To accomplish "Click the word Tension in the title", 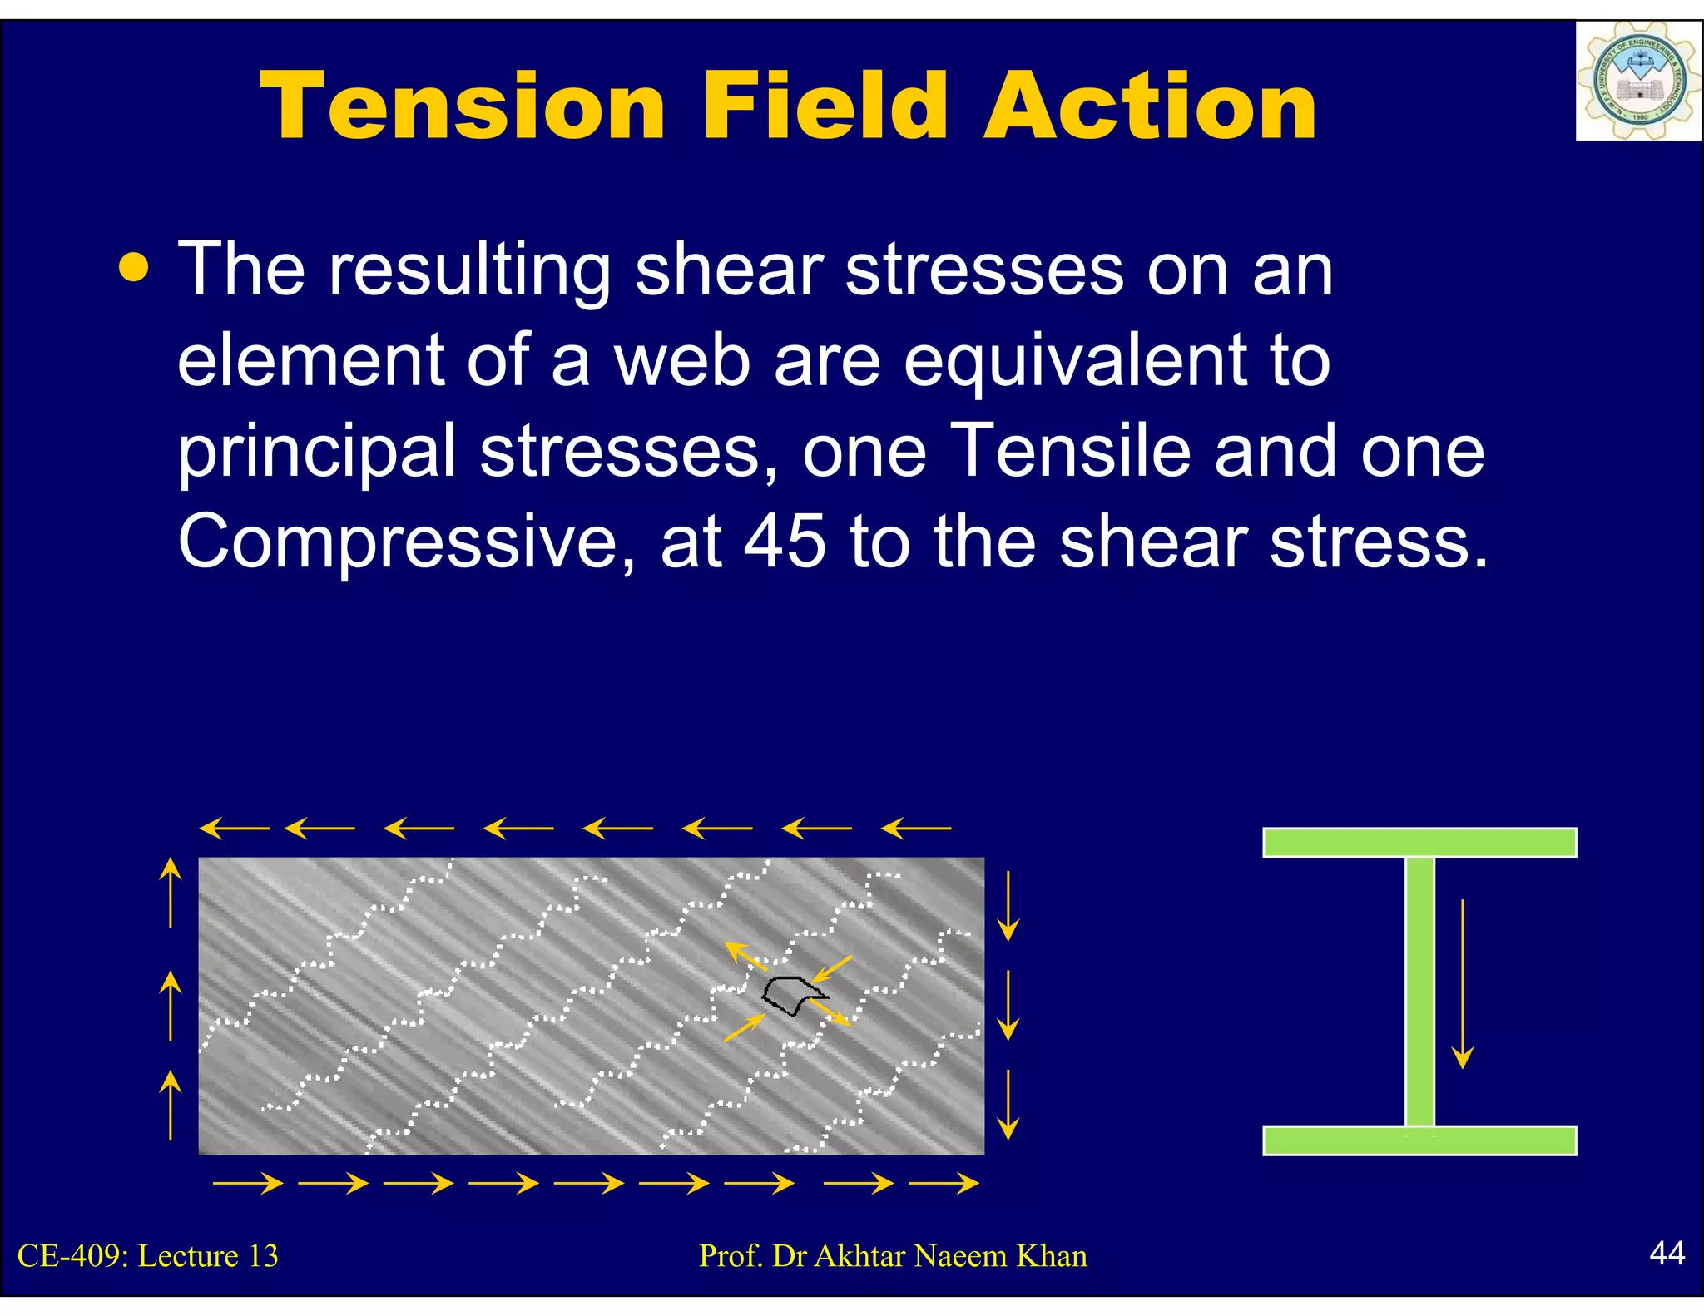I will [x=463, y=106].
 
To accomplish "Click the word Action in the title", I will [x=1150, y=106].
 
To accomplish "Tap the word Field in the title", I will [x=824, y=106].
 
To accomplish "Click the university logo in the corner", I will [x=1637, y=82].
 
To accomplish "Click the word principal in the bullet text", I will [x=317, y=452].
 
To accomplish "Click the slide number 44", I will [x=1667, y=1253].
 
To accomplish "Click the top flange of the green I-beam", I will [x=1419, y=842].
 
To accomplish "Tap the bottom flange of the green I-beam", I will [x=1419, y=1140].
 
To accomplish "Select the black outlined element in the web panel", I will [x=790, y=995].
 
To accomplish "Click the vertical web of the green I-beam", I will [x=1419, y=990].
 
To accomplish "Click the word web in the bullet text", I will [x=682, y=360].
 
